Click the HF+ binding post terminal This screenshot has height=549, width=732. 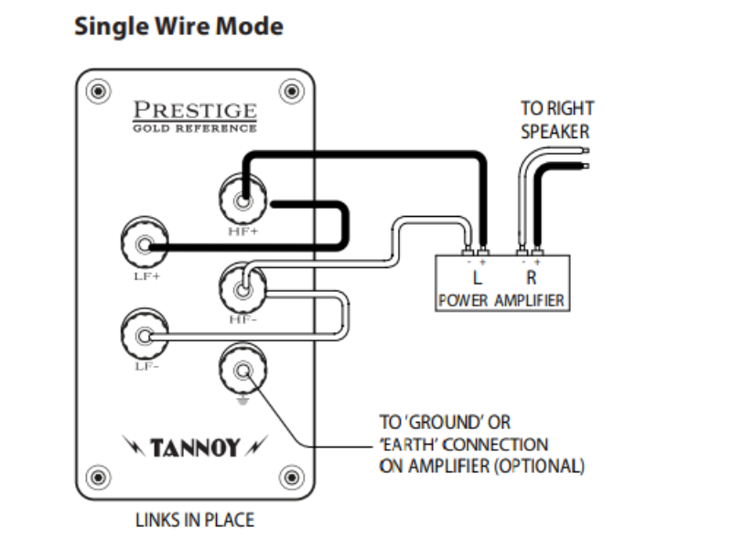[242, 199]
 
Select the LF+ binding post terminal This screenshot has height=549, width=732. [145, 243]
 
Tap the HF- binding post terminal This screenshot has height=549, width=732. [242, 288]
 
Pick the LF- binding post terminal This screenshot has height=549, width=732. [145, 335]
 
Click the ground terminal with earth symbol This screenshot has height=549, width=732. [242, 370]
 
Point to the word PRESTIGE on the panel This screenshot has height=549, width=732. [195, 110]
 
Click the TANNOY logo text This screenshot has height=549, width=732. [195, 447]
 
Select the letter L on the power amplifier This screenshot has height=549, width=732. [477, 278]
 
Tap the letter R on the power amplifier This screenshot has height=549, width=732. [532, 278]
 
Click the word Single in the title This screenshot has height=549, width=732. [111, 27]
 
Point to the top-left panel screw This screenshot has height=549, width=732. [99, 90]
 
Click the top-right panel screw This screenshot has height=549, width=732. [291, 90]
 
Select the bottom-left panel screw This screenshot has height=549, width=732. [99, 477]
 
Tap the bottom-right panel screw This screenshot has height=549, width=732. [291, 477]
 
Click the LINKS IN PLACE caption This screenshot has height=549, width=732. [195, 520]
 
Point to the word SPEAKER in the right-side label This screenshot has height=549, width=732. [555, 132]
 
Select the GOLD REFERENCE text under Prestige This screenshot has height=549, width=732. [195, 128]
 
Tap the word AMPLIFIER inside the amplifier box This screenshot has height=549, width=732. [530, 300]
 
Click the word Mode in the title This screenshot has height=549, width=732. [249, 26]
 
